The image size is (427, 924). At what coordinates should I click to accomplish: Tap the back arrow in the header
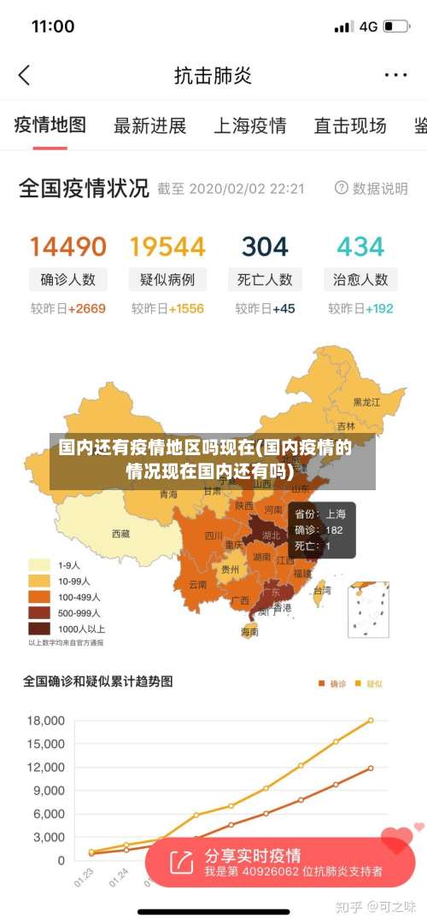(x=24, y=75)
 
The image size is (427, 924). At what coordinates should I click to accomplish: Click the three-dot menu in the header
(x=395, y=75)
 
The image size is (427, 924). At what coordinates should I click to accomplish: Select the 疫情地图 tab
(x=50, y=126)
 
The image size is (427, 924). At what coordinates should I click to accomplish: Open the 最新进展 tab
(x=150, y=126)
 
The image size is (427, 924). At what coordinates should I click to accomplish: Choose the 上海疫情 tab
(x=249, y=126)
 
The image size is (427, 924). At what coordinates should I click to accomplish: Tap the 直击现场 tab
(x=350, y=126)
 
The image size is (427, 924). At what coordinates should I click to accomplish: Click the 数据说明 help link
(x=371, y=189)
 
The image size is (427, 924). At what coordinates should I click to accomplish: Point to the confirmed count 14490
(x=68, y=248)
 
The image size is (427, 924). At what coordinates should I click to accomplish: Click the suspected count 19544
(x=167, y=248)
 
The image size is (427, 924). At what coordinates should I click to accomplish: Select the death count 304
(x=265, y=248)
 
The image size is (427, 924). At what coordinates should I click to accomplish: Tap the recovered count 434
(x=360, y=248)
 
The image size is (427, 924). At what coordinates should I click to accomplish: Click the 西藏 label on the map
(x=121, y=534)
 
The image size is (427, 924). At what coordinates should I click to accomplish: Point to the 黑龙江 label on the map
(x=367, y=401)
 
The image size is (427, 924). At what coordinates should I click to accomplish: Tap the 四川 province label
(x=213, y=535)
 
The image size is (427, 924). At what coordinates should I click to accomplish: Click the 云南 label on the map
(x=198, y=585)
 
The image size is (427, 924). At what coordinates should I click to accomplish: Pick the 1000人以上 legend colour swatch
(x=39, y=628)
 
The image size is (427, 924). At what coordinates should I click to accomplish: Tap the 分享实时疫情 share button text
(x=253, y=855)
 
